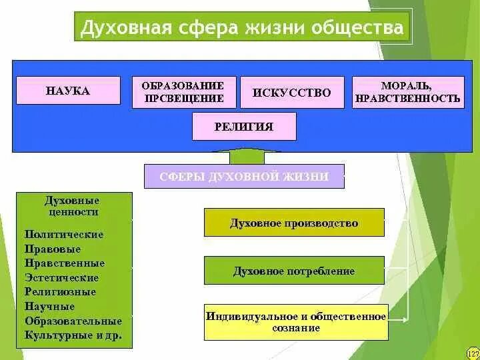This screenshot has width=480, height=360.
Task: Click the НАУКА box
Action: click(68, 91)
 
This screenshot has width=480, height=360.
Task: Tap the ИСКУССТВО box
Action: click(292, 93)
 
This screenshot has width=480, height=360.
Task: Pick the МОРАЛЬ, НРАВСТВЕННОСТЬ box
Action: click(408, 92)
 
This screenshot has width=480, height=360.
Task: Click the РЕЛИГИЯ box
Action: click(244, 127)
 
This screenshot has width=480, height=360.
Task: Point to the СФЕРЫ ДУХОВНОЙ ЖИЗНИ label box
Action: click(244, 177)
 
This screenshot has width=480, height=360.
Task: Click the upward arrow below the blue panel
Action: click(244, 157)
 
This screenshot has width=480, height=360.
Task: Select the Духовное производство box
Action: click(294, 223)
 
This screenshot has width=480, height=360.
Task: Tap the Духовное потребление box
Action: click(294, 271)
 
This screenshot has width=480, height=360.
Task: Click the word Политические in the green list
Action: click(64, 235)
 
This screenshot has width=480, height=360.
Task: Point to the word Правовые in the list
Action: click(53, 249)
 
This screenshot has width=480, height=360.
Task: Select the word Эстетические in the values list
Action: click(61, 277)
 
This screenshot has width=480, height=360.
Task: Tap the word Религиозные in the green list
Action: click(60, 292)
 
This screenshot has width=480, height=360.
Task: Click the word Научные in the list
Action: click(49, 307)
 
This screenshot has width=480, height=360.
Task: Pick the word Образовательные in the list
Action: click(73, 321)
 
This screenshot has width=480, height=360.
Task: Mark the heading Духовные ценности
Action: click(72, 206)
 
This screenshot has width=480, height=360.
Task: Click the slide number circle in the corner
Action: click(473, 353)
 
